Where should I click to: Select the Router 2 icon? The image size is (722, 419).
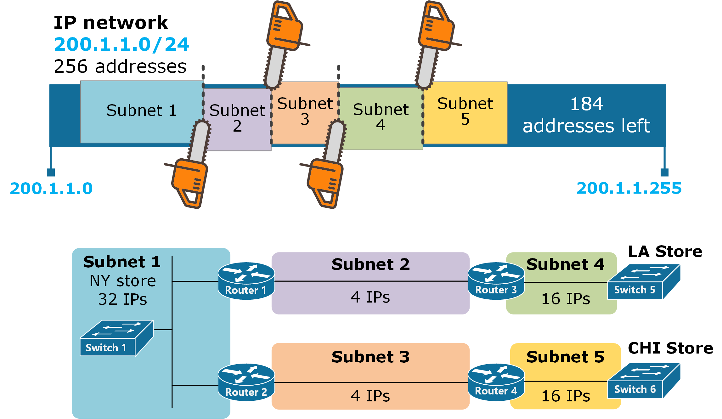pos(246,382)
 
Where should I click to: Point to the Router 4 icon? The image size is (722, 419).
pos(496,382)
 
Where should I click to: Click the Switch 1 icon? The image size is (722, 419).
pos(116,338)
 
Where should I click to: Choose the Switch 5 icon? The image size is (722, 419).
pos(644,282)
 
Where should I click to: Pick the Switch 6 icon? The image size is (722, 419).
pos(644,381)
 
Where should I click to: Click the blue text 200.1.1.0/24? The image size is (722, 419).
pos(122,44)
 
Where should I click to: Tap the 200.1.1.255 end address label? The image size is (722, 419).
pos(629,188)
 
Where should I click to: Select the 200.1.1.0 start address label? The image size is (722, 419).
pos(51,189)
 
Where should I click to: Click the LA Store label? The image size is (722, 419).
pos(665,252)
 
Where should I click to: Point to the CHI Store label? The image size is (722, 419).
pos(670,348)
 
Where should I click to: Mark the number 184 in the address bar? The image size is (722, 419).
pos(587,104)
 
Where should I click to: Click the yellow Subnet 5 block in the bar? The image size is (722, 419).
pos(465,112)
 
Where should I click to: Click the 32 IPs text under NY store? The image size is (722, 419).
pos(122,299)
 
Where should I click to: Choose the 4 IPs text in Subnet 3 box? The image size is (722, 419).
pos(370,396)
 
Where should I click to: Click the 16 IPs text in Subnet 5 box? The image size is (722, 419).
pos(566,396)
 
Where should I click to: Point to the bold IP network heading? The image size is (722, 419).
pos(111,23)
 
